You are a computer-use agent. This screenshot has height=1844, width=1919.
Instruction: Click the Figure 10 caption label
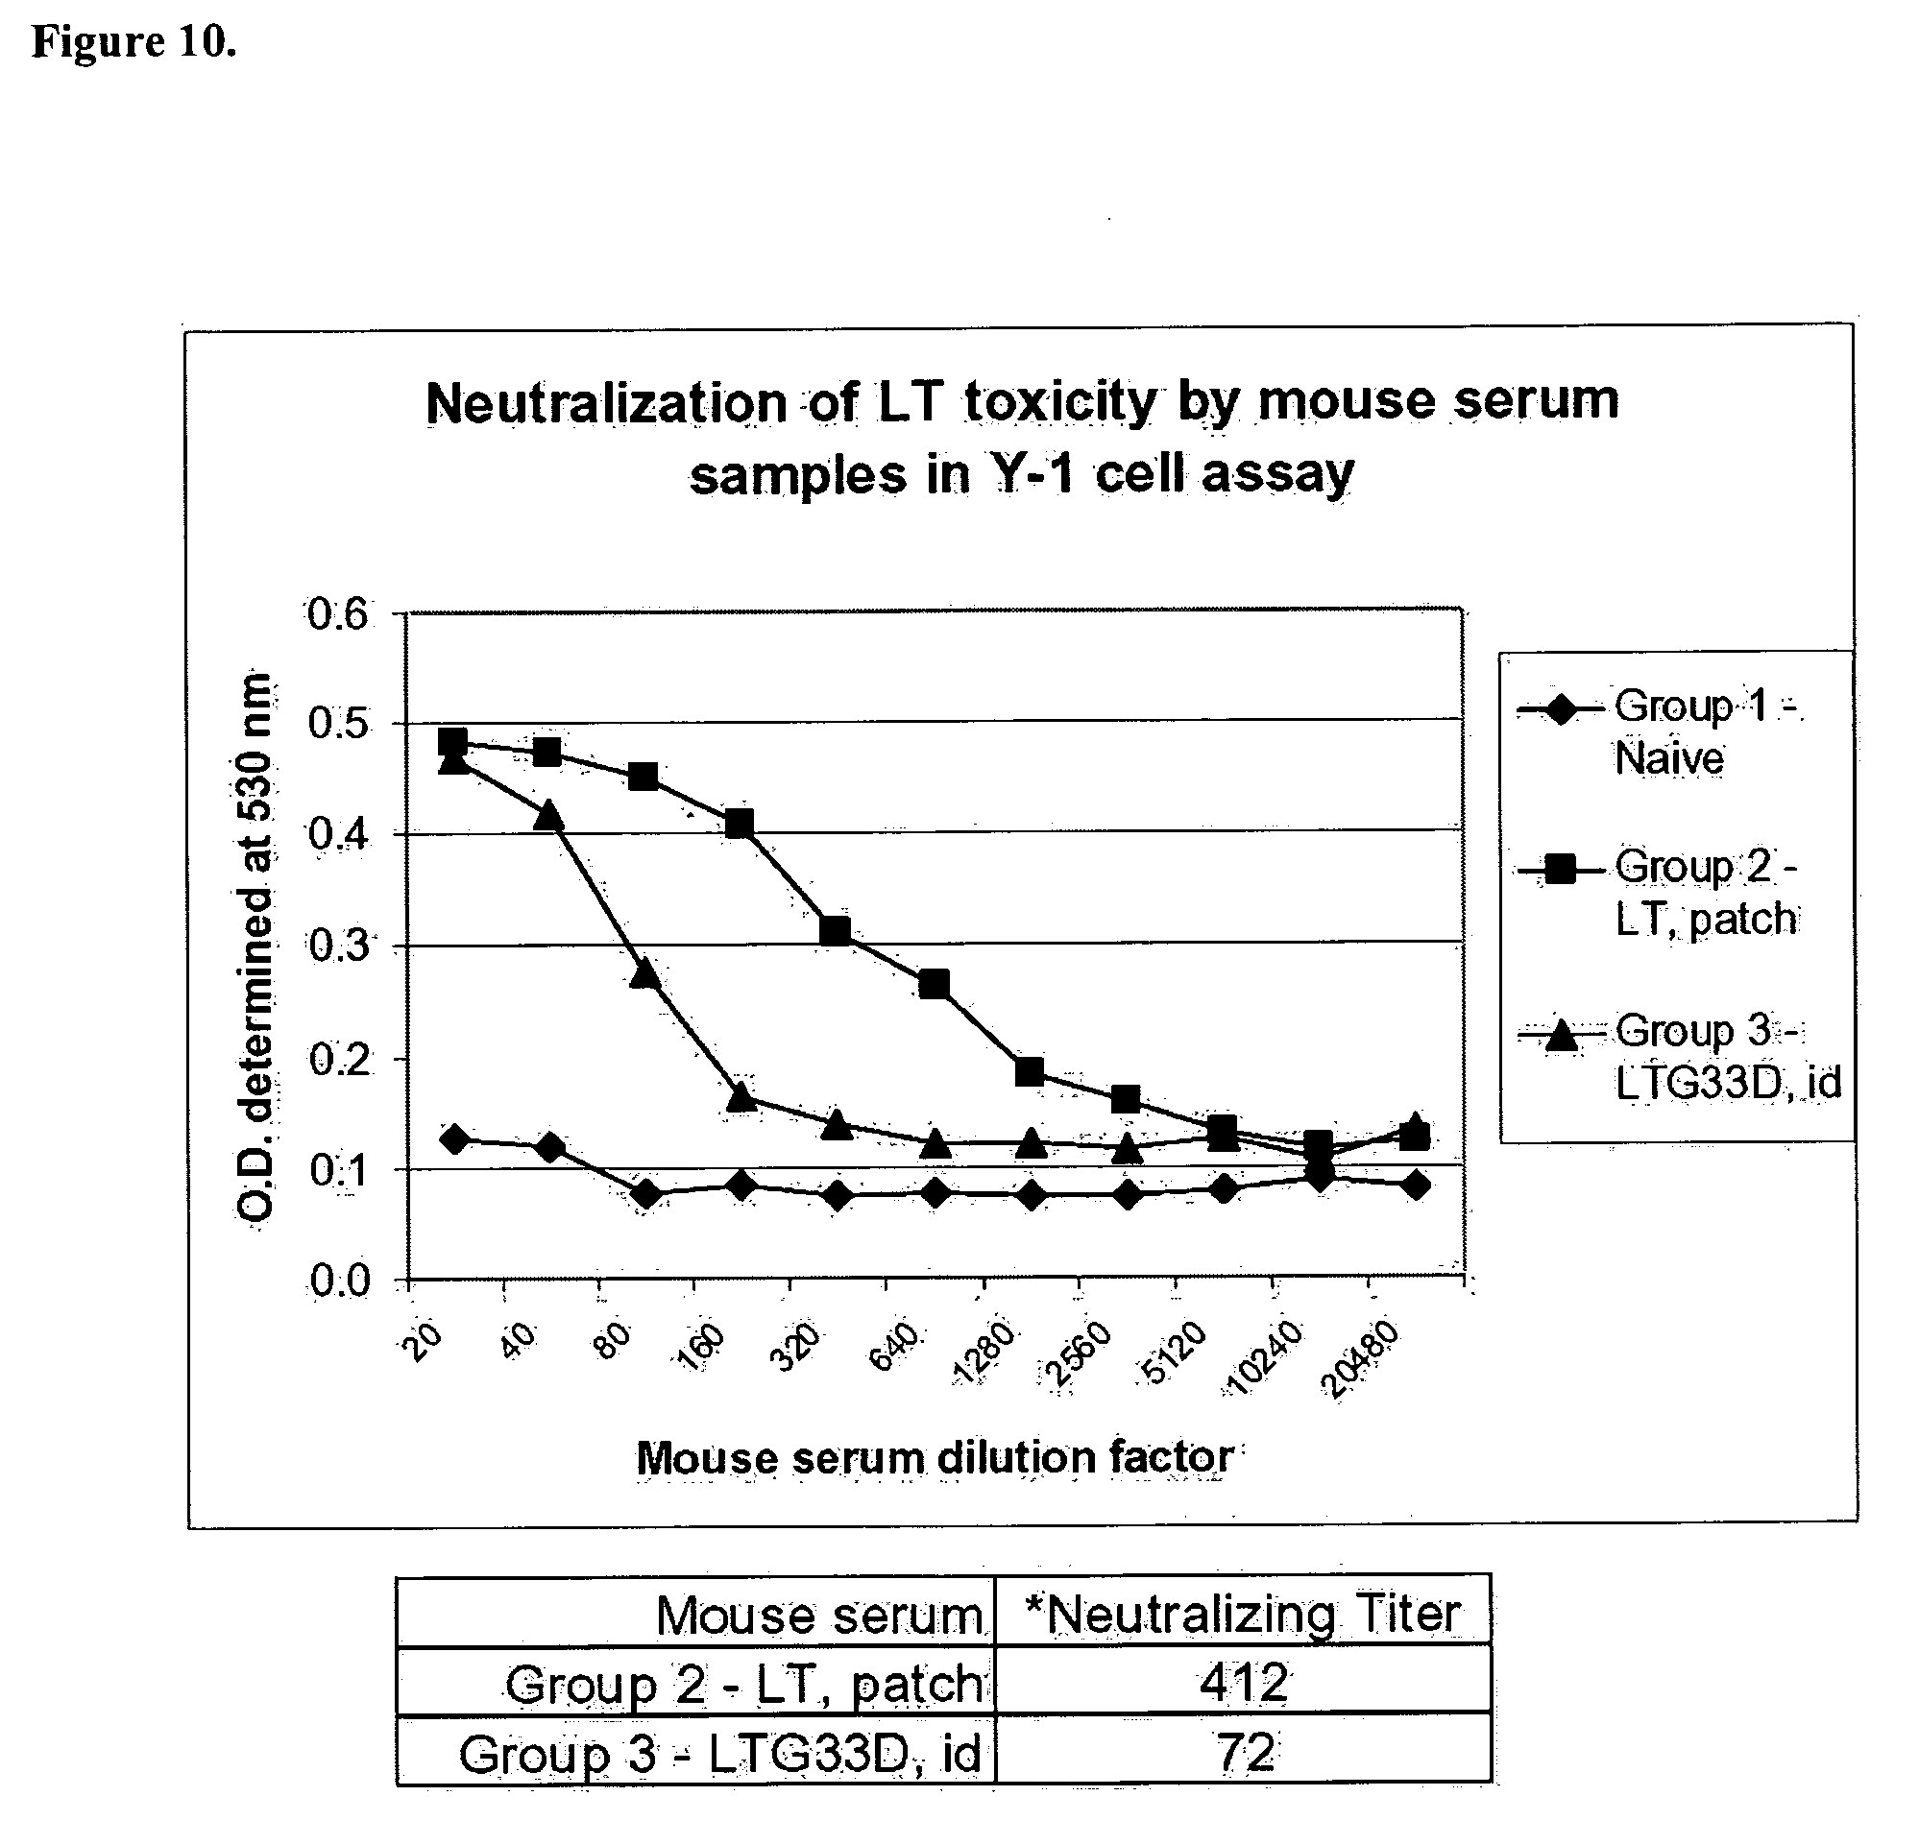134,42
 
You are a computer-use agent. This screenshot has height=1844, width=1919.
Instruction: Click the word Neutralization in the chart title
606,402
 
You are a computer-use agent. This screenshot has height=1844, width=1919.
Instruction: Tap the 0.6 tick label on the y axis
339,614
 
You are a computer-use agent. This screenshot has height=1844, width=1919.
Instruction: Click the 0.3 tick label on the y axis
339,946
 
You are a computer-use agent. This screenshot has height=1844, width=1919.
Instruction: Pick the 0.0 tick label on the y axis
339,1281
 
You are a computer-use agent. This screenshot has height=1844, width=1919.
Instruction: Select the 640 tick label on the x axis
895,1348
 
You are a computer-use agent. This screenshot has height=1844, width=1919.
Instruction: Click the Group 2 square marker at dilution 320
836,930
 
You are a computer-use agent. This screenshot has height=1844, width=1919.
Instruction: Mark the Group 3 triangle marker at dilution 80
644,973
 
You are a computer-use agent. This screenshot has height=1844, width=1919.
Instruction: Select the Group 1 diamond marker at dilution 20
453,1138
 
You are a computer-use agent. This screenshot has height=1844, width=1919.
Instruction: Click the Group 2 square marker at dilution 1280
1029,1072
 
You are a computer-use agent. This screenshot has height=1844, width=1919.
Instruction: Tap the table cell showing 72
1243,1751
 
